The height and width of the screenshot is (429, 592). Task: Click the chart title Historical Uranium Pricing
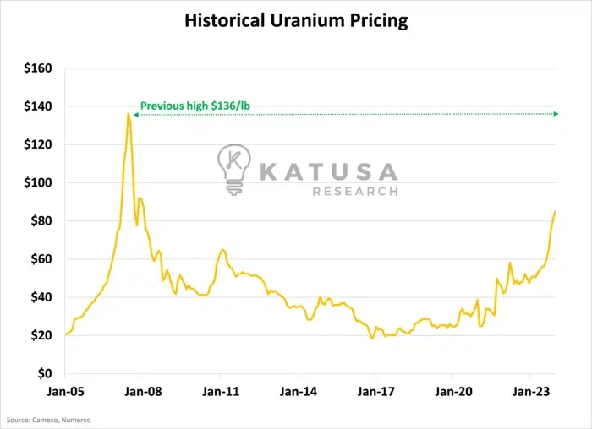(x=296, y=21)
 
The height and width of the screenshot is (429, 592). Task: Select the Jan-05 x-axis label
(x=65, y=392)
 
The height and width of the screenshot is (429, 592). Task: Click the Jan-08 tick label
(x=143, y=392)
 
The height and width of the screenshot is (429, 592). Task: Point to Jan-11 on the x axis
(x=221, y=392)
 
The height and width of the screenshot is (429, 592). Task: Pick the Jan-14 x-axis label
(x=299, y=392)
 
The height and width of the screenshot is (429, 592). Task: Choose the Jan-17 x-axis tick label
(x=375, y=392)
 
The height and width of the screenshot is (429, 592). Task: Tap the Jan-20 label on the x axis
(x=453, y=392)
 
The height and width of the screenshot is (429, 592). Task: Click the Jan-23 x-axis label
(x=530, y=392)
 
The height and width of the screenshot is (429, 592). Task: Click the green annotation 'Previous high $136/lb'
(x=195, y=106)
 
